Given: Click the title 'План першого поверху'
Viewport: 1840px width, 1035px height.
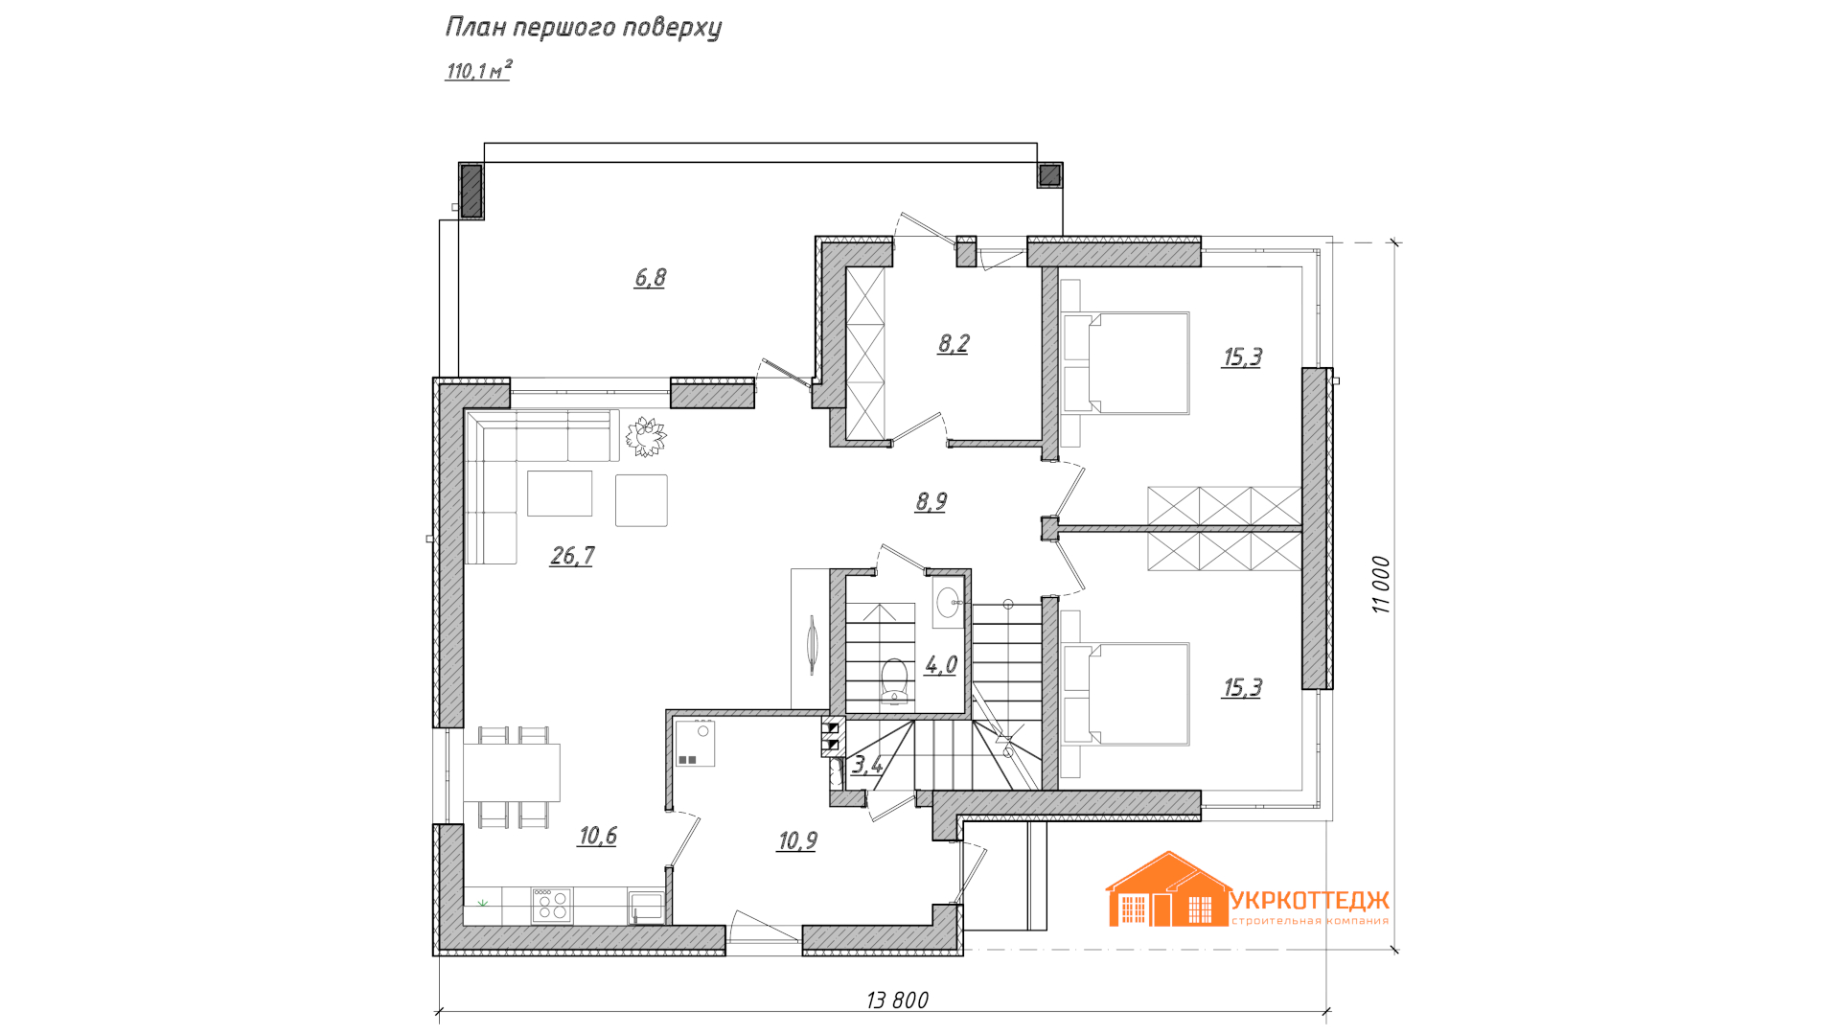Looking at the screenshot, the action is tap(583, 28).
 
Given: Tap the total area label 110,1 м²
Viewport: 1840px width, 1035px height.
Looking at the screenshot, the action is tap(478, 70).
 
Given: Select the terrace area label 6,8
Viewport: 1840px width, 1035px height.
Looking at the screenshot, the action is tap(650, 278).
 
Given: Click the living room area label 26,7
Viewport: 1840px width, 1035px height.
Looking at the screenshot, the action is tap(572, 556).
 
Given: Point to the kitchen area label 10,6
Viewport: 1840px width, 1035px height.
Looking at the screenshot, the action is tap(597, 836).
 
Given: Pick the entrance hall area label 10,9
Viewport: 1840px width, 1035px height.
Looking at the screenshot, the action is tap(797, 841).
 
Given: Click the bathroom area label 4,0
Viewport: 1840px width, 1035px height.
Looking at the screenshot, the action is tap(940, 665).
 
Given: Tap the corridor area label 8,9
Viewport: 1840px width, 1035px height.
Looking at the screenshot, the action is tap(931, 502).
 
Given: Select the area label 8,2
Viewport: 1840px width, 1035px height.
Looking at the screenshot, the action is tap(954, 343).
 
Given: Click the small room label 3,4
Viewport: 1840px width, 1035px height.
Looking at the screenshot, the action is tap(867, 765).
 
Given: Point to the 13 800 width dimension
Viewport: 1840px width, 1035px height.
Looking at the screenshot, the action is tap(897, 1000).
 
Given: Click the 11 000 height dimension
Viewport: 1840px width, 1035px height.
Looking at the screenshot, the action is tap(1380, 585).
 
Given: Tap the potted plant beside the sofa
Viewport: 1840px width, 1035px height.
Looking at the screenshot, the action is tap(646, 436).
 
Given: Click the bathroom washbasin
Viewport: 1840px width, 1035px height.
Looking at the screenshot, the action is tap(948, 602).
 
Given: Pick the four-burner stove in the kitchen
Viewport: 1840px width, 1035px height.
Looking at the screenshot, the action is tap(551, 906).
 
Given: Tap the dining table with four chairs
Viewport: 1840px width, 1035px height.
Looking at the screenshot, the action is tap(512, 776).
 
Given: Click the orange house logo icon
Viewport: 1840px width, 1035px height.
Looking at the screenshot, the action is tap(1169, 889).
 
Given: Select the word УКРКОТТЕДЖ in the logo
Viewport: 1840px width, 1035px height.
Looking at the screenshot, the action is tap(1309, 900).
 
